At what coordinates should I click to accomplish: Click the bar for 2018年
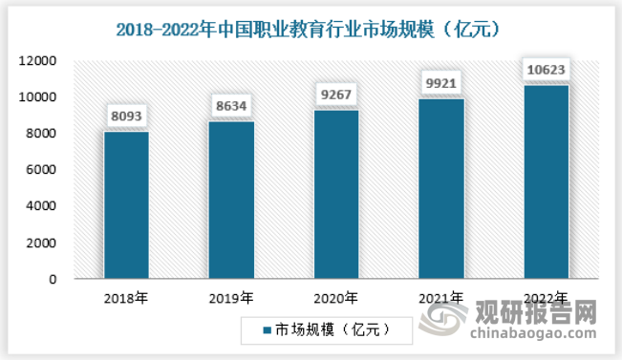point(126,205)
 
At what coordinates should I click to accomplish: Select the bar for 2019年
point(230,201)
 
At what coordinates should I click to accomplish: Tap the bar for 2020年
point(335,195)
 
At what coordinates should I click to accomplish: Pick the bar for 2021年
point(440,189)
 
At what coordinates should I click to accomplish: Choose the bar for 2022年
point(546,182)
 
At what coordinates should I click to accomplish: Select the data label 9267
point(335,96)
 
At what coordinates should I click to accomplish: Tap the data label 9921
point(440,85)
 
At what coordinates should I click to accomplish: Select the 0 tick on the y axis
point(54,280)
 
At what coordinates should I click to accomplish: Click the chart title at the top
point(311,29)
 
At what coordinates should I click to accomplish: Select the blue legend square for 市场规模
point(268,330)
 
